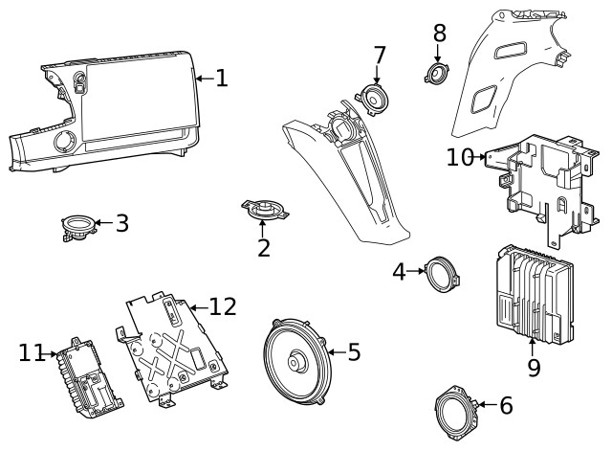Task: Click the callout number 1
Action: pyautogui.click(x=221, y=78)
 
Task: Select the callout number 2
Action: pyautogui.click(x=264, y=248)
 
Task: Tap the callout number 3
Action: pyautogui.click(x=121, y=224)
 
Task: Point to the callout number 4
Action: pyautogui.click(x=400, y=272)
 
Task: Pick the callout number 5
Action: pyautogui.click(x=354, y=352)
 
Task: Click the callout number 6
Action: pyautogui.click(x=506, y=405)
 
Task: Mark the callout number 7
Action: pyautogui.click(x=379, y=56)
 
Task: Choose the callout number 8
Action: pyautogui.click(x=439, y=34)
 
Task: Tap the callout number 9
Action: pyautogui.click(x=534, y=367)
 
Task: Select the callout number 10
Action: pyautogui.click(x=460, y=156)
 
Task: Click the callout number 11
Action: pyautogui.click(x=32, y=353)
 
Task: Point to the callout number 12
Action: pyautogui.click(x=222, y=306)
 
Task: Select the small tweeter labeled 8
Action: pyautogui.click(x=438, y=73)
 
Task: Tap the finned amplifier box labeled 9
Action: pyautogui.click(x=534, y=296)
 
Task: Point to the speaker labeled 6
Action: pyautogui.click(x=455, y=409)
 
